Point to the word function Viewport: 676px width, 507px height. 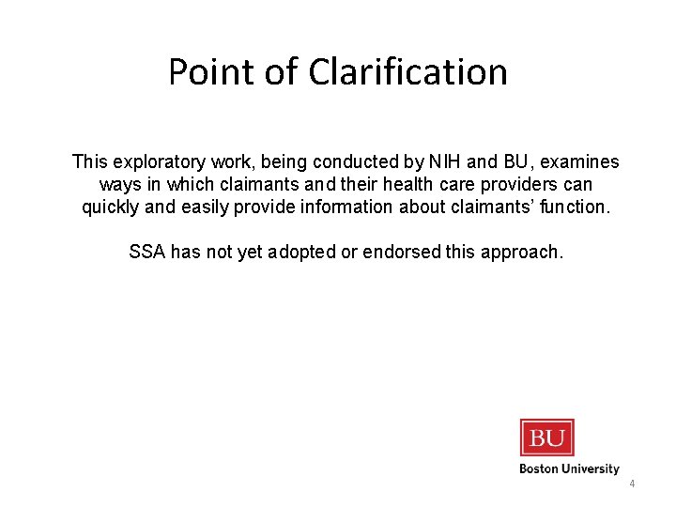[x=572, y=207]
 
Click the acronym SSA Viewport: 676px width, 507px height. [x=146, y=253]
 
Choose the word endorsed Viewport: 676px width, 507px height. [x=406, y=253]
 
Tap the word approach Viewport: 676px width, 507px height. [x=527, y=253]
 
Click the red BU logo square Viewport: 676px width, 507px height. [x=546, y=437]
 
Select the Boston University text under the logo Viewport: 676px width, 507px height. [x=569, y=469]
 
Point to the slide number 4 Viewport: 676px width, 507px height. [x=632, y=484]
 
